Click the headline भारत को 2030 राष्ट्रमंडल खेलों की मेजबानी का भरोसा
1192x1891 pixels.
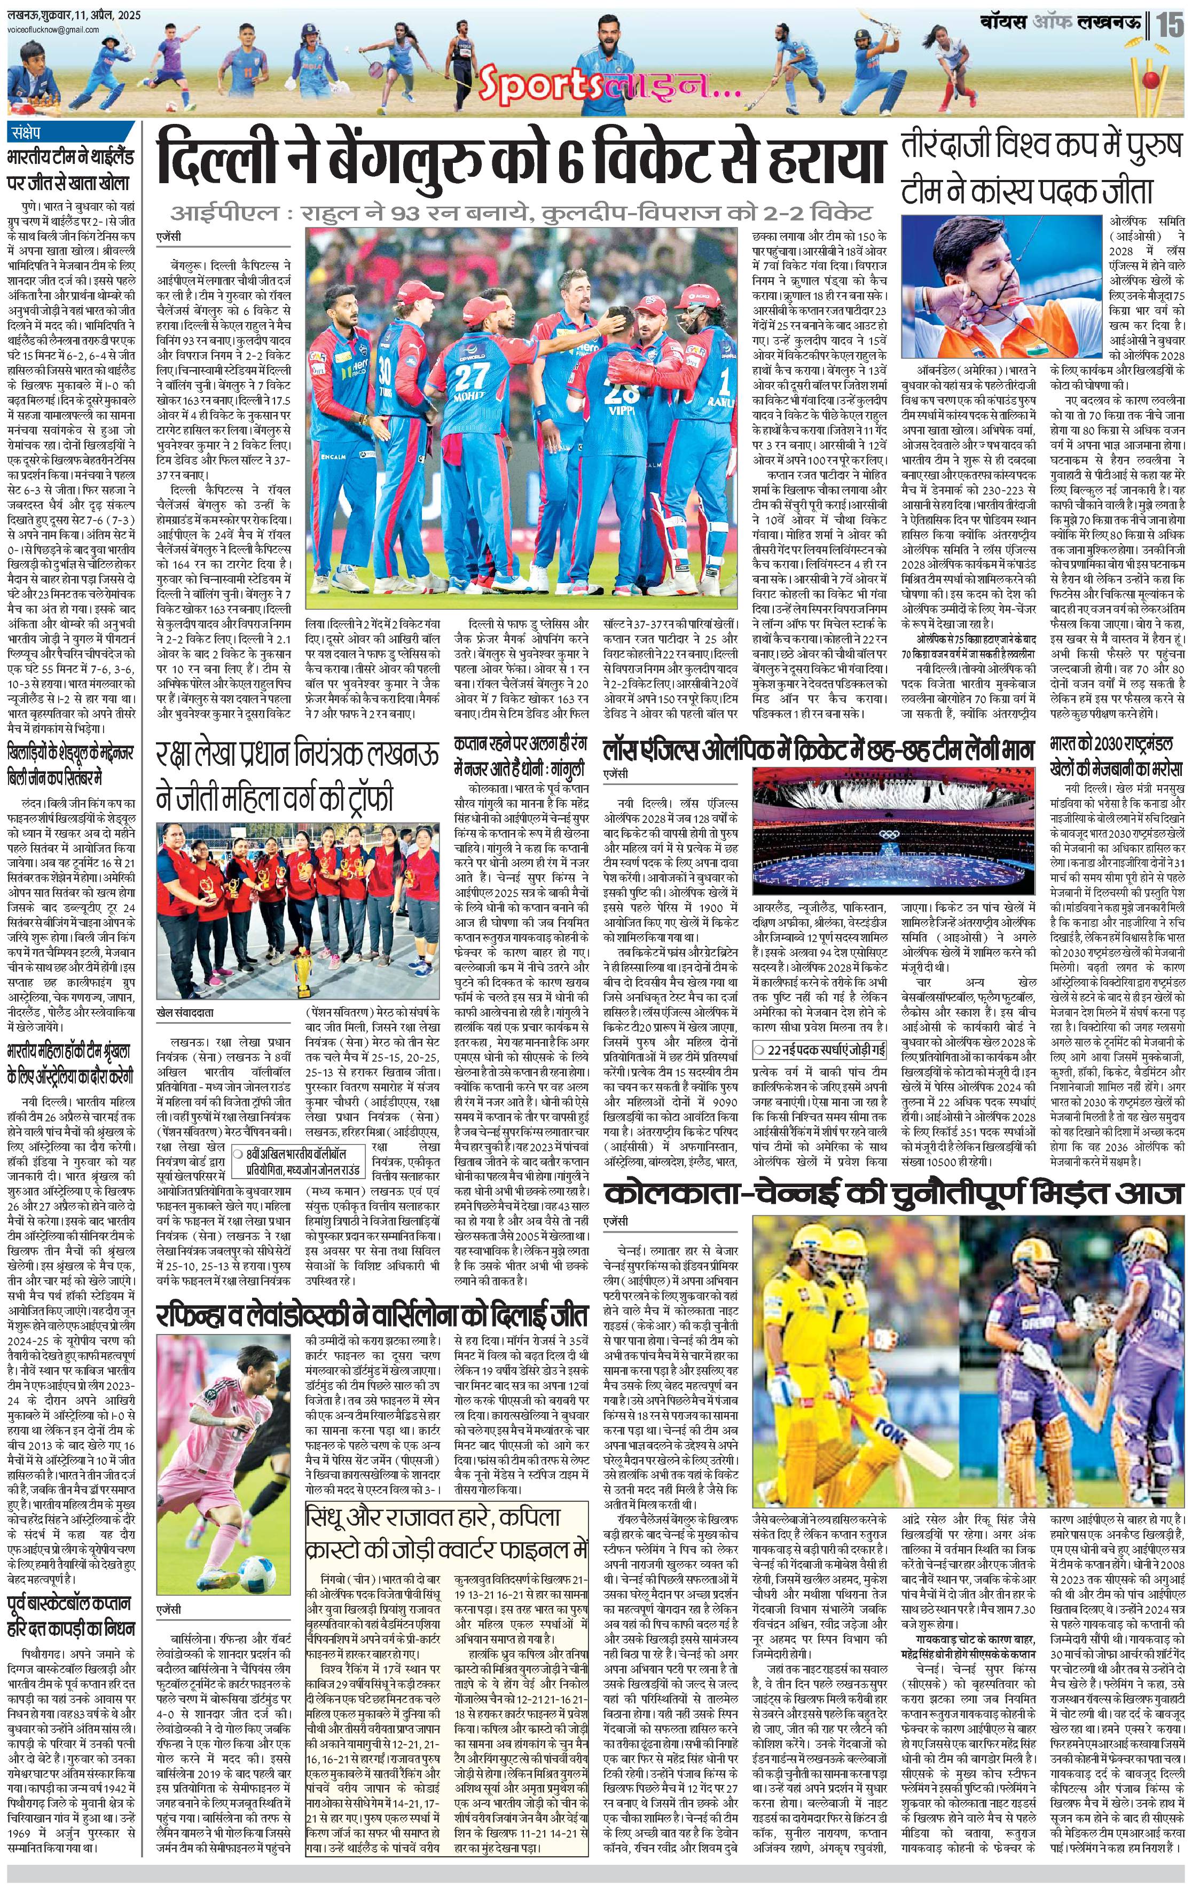(x=1116, y=756)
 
